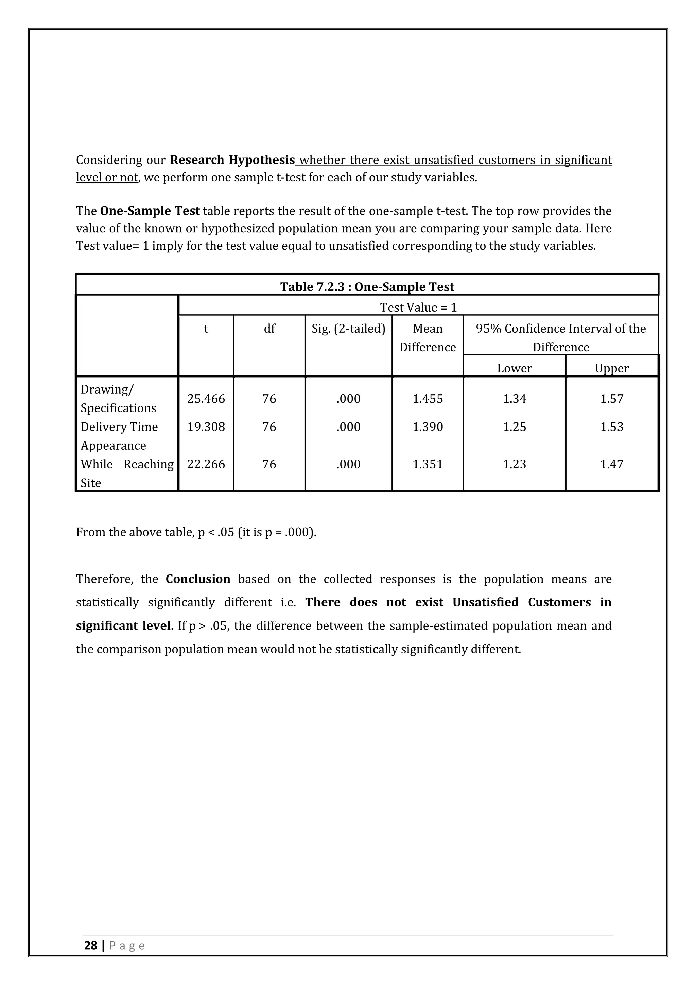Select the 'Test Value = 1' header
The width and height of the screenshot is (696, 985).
pyautogui.click(x=418, y=307)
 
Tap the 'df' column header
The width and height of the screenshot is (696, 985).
pyautogui.click(x=269, y=329)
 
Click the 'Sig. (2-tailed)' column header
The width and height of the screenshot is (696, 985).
pyautogui.click(x=348, y=329)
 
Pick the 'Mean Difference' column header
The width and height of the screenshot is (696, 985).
pyautogui.click(x=427, y=338)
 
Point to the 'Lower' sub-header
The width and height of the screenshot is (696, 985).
pyautogui.click(x=514, y=368)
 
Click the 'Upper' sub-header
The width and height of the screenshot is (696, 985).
pyautogui.click(x=612, y=368)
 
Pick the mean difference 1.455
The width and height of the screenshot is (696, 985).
pyautogui.click(x=427, y=399)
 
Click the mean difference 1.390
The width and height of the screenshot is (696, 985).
pyautogui.click(x=427, y=427)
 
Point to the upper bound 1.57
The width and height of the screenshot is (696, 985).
pyautogui.click(x=612, y=399)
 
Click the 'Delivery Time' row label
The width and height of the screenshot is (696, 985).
pyautogui.click(x=119, y=427)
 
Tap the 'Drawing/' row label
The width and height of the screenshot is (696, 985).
pyautogui.click(x=107, y=389)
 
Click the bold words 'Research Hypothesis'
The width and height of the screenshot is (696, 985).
pyautogui.click(x=232, y=160)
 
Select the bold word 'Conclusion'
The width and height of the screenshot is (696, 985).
pyautogui.click(x=198, y=579)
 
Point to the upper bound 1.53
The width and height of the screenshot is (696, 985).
pyautogui.click(x=612, y=427)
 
